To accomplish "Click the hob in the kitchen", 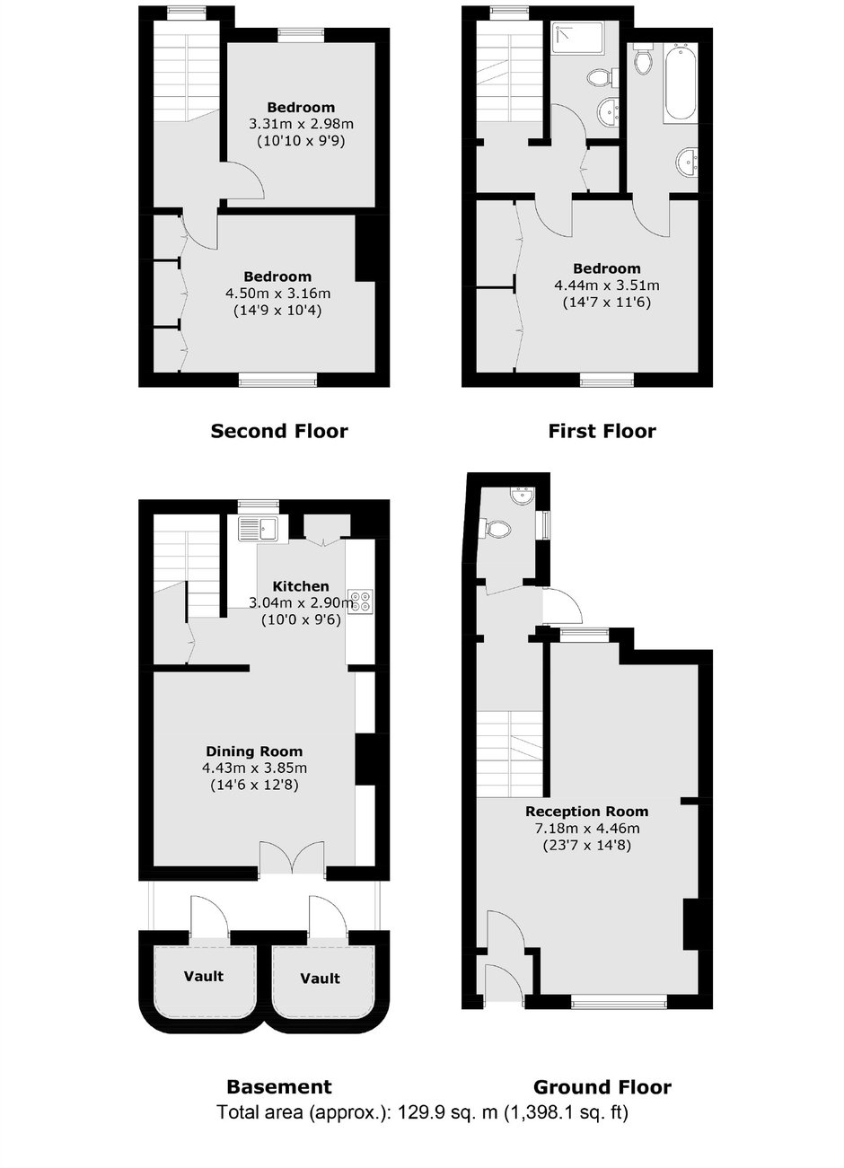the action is (x=361, y=600).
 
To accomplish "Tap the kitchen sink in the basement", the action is (x=259, y=528).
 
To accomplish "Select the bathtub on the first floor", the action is (x=681, y=83).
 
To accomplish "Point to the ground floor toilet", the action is (x=495, y=529).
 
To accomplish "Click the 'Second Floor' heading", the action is (x=279, y=431).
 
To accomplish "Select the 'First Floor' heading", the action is (x=602, y=431).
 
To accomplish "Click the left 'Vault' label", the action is (x=204, y=976).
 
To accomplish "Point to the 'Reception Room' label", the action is (x=587, y=812).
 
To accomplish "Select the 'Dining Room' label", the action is (x=254, y=751).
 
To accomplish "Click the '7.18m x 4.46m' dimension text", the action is (x=587, y=828).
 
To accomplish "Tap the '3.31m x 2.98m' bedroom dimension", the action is (x=301, y=124).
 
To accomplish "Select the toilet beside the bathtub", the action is (x=643, y=58).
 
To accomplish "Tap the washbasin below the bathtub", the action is (x=688, y=162).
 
